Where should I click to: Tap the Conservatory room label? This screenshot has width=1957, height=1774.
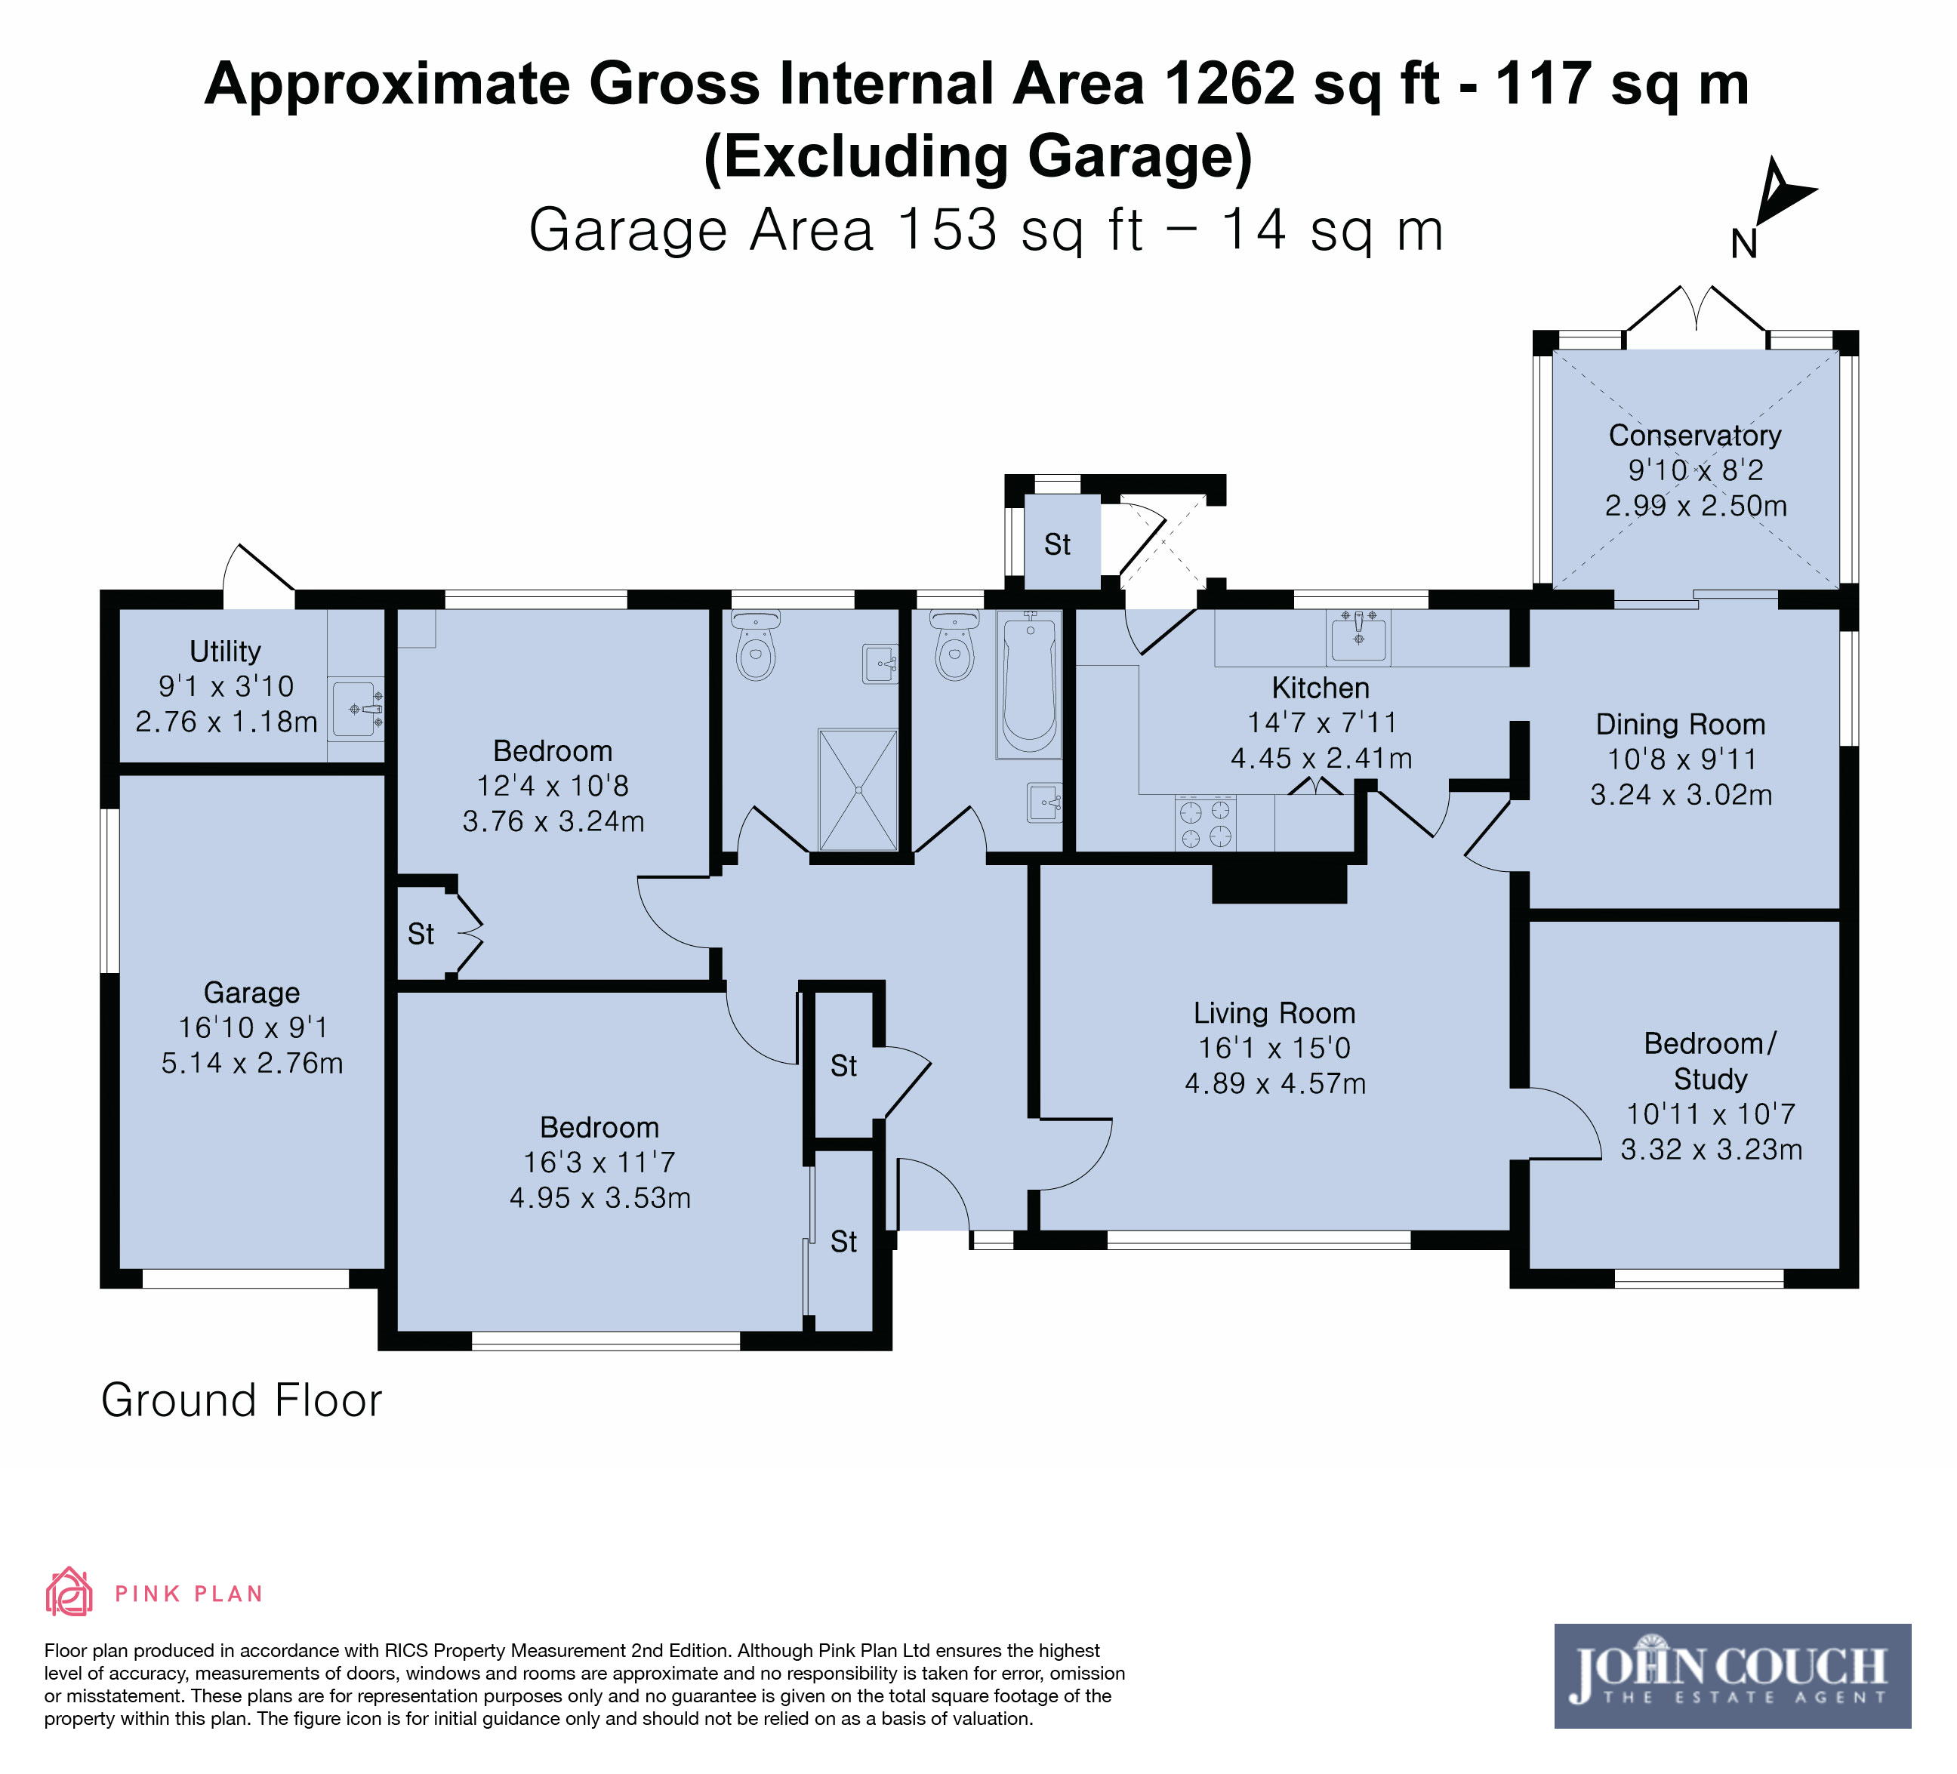pyautogui.click(x=1695, y=436)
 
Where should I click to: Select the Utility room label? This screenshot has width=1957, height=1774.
pyautogui.click(x=225, y=651)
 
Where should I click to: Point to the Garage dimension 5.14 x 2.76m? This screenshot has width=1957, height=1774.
pyautogui.click(x=252, y=1064)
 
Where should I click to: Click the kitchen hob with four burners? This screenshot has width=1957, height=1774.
pyautogui.click(x=1205, y=823)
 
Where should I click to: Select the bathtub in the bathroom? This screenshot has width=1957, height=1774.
pyautogui.click(x=1029, y=684)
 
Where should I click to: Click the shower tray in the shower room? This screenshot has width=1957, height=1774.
pyautogui.click(x=858, y=790)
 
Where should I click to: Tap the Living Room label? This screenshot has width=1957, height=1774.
pyautogui.click(x=1274, y=1013)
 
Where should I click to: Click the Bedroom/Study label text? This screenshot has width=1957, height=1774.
pyautogui.click(x=1710, y=1061)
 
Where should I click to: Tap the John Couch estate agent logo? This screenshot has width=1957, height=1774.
pyautogui.click(x=1733, y=1676)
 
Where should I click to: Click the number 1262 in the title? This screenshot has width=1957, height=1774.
pyautogui.click(x=1229, y=84)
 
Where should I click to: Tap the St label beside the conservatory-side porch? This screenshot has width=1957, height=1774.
pyautogui.click(x=1057, y=545)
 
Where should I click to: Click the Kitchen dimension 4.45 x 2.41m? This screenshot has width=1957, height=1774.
pyautogui.click(x=1321, y=758)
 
